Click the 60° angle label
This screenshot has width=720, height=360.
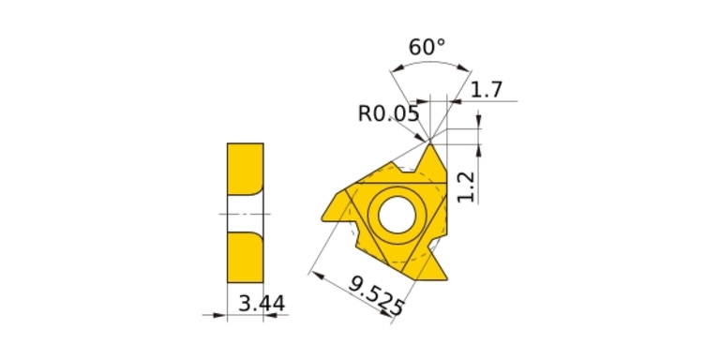tap(427, 47)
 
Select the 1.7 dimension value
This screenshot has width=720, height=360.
tap(487, 90)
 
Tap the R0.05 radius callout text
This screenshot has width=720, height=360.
tap(388, 113)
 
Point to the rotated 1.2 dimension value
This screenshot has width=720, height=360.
tap(466, 187)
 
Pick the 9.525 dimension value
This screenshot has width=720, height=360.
tap(377, 295)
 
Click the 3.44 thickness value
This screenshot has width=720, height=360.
tap(262, 304)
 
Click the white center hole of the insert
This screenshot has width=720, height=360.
tap(397, 215)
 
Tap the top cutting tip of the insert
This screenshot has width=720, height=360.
tap(430, 144)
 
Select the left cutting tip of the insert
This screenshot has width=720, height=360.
tap(322, 219)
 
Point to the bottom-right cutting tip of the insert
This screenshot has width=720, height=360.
tap(446, 278)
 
